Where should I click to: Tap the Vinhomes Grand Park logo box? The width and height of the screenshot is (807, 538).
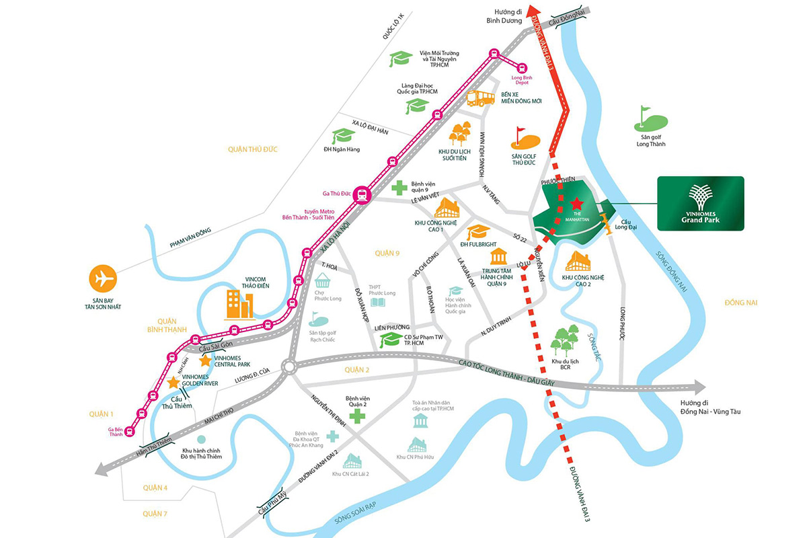pos(700,203)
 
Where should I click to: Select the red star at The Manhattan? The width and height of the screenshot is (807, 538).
pos(576,202)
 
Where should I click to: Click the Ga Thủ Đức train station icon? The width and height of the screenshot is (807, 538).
pos(362,194)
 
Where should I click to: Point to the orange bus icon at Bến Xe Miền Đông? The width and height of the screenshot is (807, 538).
pos(480,98)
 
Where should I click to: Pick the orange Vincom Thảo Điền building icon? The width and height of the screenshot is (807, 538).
pos(239,304)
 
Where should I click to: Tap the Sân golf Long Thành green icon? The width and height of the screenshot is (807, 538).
pos(650,121)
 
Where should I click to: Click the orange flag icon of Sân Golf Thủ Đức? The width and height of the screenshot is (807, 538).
pos(526,139)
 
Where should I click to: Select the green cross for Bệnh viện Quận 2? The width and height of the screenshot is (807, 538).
pos(356,416)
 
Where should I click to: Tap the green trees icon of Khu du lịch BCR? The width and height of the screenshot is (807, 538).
pos(564,340)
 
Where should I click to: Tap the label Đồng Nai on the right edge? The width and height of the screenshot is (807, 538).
pos(741,303)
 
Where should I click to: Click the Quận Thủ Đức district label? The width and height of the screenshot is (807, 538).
pos(253,149)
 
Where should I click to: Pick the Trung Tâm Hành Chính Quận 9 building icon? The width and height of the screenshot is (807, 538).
pos(498,256)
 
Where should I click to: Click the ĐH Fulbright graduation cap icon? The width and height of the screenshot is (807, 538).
pos(478,232)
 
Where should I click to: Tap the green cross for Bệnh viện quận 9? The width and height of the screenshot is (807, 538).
pos(399,187)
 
